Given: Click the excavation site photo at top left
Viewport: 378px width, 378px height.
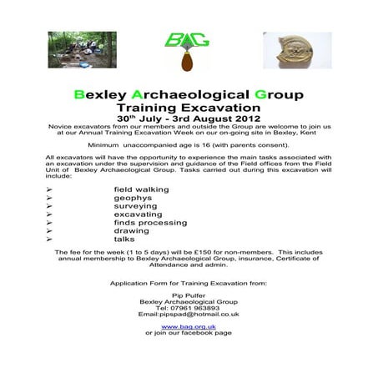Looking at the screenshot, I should tap(82, 50).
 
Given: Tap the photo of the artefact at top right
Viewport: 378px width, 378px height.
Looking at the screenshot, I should tap(297, 50).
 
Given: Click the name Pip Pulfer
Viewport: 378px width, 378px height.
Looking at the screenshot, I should tap(189, 295).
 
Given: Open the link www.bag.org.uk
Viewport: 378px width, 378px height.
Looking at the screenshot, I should tap(189, 326).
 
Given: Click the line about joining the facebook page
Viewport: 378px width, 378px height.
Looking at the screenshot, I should tap(189, 333).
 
